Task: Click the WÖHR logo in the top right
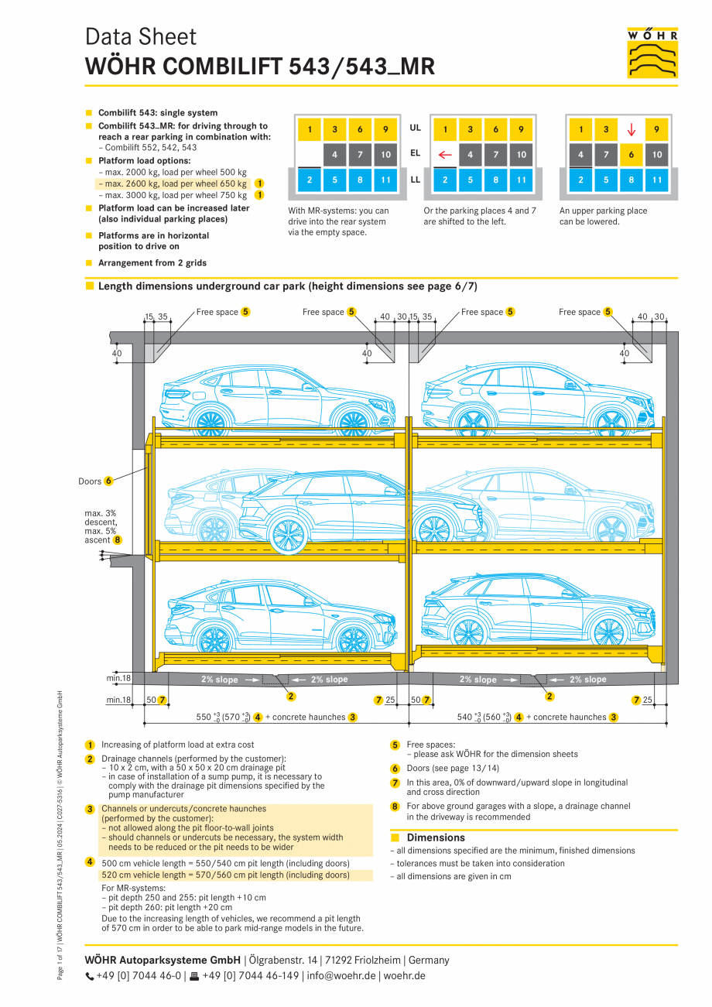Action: pos(652,53)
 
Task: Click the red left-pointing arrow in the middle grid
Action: pos(444,155)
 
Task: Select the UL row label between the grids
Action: pos(416,128)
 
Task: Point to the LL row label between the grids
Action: pos(416,179)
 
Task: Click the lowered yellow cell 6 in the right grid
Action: pos(632,155)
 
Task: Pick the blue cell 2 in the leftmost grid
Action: pos(309,180)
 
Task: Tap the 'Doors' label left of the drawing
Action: pos(90,481)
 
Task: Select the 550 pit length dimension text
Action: pos(225,718)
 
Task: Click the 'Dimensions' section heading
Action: pos(436,837)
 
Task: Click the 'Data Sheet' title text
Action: pos(141,36)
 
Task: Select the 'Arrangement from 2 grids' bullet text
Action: pos(152,263)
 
